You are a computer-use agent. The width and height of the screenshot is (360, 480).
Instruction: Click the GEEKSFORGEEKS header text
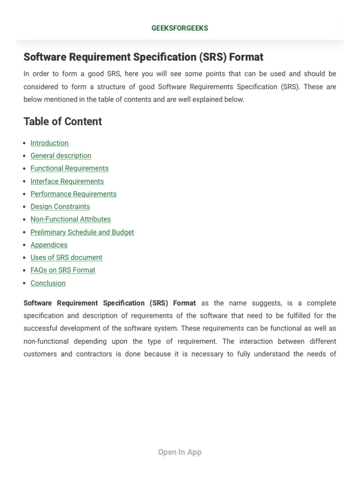[x=180, y=28]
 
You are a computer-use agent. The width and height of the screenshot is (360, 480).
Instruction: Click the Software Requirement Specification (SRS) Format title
[x=143, y=57]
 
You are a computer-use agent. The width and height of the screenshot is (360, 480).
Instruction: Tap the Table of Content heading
[x=62, y=121]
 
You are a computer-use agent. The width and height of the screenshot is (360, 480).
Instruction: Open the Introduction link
[x=49, y=143]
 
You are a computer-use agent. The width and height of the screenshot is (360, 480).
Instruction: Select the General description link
[x=61, y=156]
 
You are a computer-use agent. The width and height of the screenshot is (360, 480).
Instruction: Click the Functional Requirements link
[x=69, y=168]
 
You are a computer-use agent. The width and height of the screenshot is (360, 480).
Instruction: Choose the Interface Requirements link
[x=67, y=181]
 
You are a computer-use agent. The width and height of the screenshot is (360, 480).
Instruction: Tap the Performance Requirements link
[x=74, y=194]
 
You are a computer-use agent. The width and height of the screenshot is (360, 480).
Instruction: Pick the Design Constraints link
[x=60, y=207]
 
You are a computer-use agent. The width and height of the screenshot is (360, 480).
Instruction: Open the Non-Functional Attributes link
[x=70, y=219]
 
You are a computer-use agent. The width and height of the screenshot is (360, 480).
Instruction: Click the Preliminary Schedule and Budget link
[x=82, y=232]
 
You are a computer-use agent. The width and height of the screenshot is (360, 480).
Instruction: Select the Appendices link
[x=49, y=245]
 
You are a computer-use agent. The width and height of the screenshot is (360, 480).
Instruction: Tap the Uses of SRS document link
[x=66, y=257]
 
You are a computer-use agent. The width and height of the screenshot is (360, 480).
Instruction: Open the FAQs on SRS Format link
[x=63, y=270]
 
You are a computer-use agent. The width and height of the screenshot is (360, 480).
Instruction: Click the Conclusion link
[x=48, y=283]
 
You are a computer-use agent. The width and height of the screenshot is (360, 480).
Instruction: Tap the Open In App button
[x=180, y=452]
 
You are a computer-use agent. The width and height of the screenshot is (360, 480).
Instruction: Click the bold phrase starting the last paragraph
[x=110, y=303]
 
